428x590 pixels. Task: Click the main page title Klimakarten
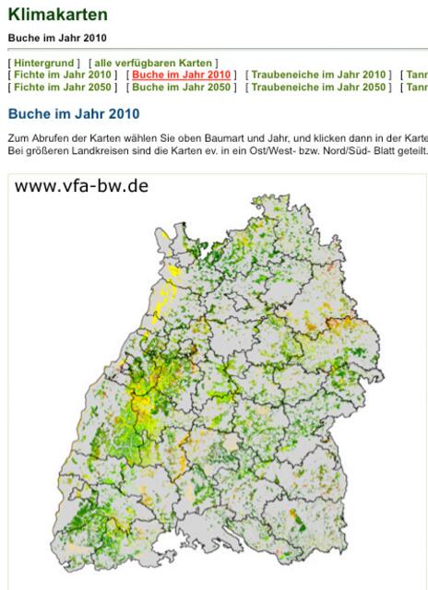click(57, 15)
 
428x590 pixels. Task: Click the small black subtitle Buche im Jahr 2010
click(57, 38)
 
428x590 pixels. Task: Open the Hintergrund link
click(44, 63)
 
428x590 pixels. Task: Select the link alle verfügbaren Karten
click(153, 63)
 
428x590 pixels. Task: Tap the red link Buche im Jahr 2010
click(181, 75)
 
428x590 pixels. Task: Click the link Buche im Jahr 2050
click(181, 87)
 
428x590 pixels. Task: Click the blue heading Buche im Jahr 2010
click(74, 114)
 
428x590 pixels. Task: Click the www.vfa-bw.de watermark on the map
click(81, 186)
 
